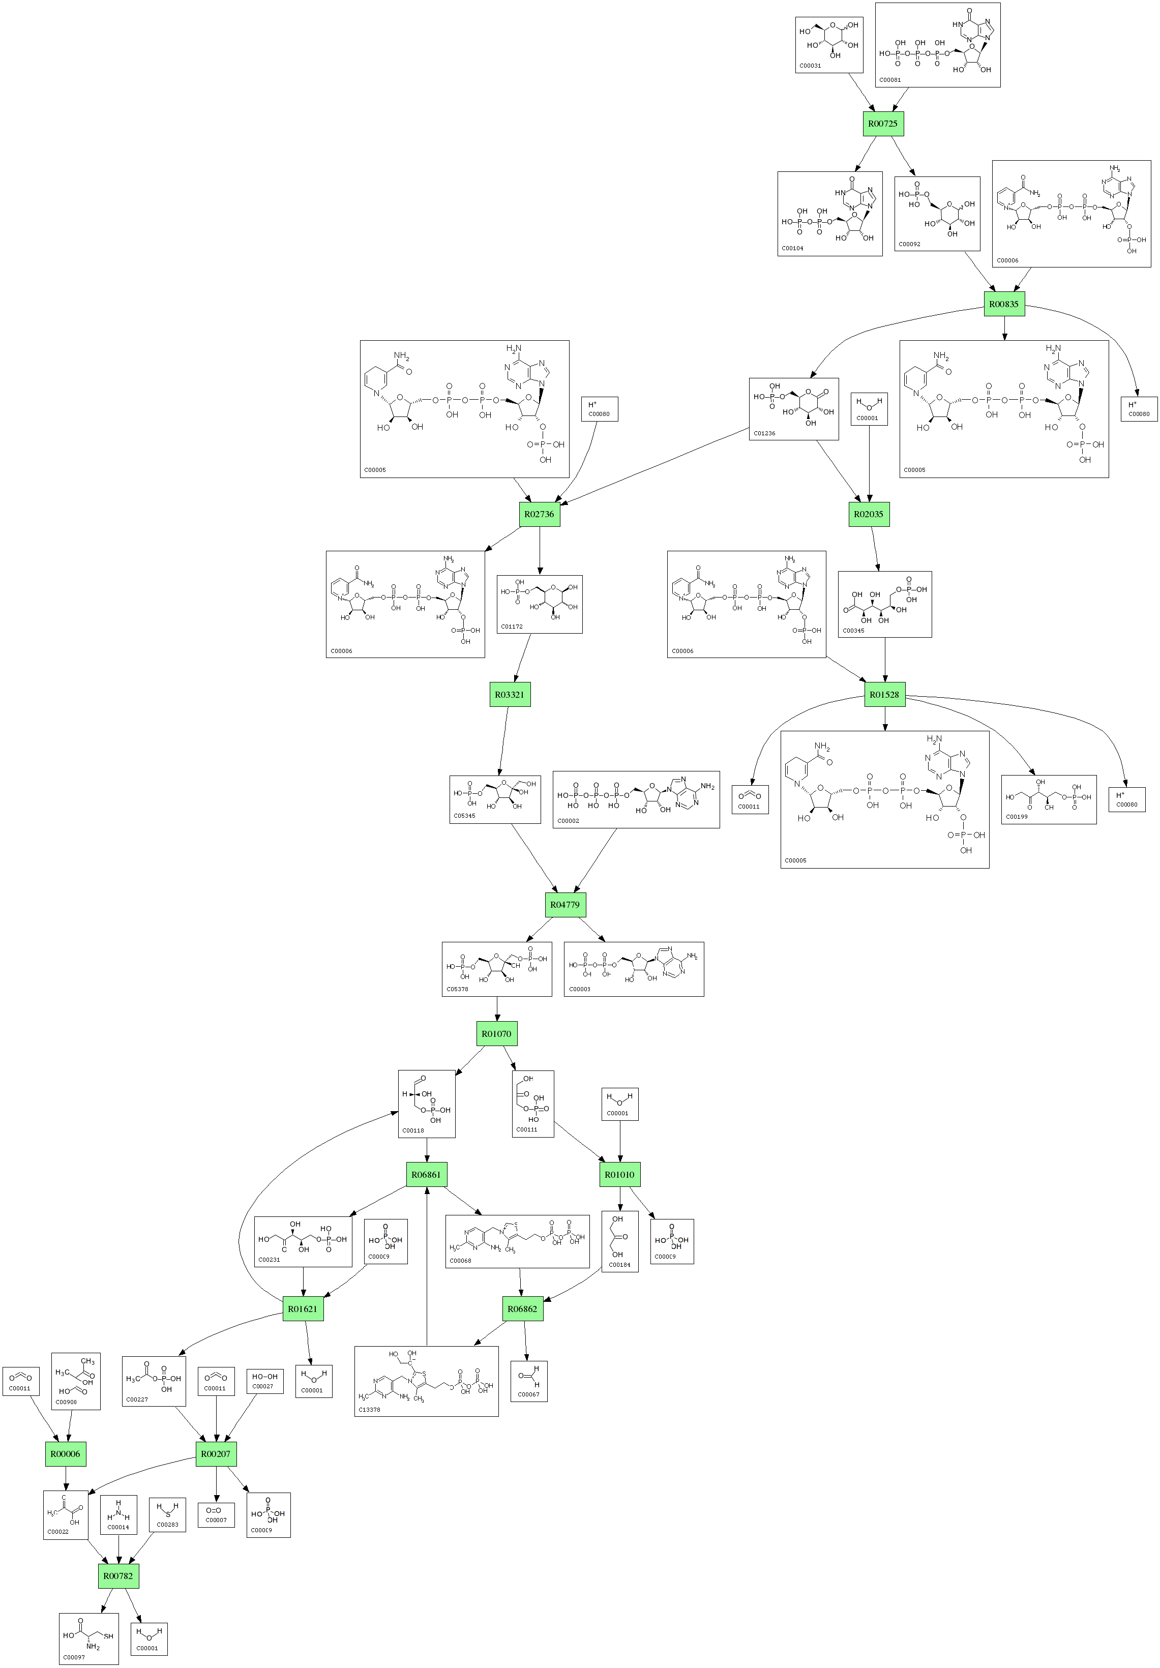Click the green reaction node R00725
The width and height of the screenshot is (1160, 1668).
click(882, 124)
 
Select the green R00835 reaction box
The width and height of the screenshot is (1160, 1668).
click(1004, 304)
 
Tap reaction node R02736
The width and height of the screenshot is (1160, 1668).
click(539, 514)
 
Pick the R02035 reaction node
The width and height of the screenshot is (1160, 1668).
click(868, 514)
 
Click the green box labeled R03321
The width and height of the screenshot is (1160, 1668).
click(509, 695)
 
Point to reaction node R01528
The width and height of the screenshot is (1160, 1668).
click(884, 695)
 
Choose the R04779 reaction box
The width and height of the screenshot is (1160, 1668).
click(564, 905)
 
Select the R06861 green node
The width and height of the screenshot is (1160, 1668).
click(426, 1175)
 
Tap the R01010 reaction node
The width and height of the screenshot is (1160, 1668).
click(619, 1175)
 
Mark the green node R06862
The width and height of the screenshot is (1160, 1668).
click(522, 1309)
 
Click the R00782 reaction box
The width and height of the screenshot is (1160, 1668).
click(117, 1576)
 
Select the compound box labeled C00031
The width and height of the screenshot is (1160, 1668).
click(829, 45)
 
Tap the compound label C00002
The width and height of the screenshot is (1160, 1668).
click(568, 821)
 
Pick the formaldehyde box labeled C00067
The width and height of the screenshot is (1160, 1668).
click(529, 1381)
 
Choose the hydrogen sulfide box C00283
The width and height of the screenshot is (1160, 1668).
click(167, 1515)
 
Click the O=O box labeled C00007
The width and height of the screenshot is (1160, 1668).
click(216, 1515)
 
